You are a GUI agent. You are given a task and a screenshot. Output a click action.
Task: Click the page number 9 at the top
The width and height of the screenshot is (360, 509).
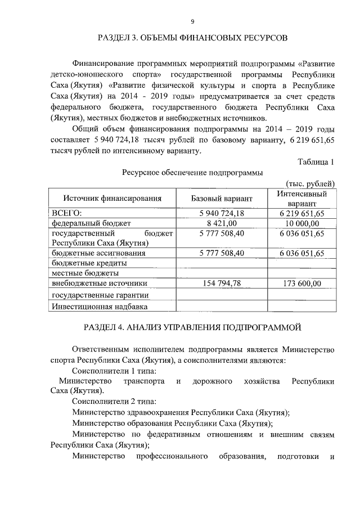click(192, 21)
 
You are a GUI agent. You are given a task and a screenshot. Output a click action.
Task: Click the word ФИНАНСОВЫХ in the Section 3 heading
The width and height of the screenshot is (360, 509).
click(212, 38)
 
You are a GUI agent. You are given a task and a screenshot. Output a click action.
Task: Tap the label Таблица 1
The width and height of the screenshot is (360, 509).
click(316, 162)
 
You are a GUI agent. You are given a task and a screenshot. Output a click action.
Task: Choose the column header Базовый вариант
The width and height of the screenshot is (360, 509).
click(222, 198)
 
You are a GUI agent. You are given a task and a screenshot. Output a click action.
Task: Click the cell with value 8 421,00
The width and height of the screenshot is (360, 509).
click(222, 223)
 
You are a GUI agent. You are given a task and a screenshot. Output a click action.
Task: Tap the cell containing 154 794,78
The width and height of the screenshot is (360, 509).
click(222, 283)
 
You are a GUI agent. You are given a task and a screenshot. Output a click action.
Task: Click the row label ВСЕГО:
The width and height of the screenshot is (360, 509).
click(66, 213)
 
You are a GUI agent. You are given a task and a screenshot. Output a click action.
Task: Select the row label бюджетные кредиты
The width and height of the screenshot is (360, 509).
click(89, 263)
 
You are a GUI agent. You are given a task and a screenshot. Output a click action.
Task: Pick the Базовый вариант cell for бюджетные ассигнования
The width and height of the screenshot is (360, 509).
click(222, 253)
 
